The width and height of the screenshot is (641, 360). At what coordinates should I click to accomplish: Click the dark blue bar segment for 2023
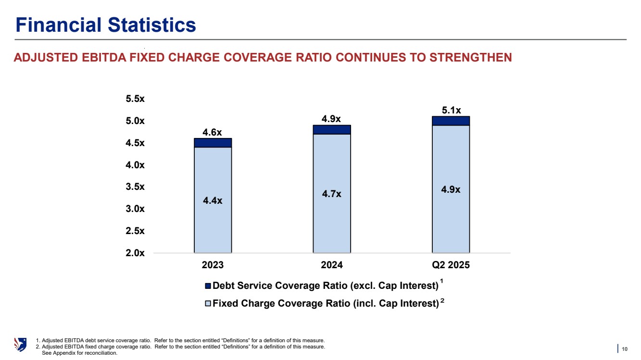coord(213,143)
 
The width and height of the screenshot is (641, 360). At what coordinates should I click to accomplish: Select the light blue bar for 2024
coord(332,216)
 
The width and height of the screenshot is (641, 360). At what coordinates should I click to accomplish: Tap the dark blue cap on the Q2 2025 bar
coord(451,121)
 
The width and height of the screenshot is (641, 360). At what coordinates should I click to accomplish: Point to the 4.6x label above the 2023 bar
coord(213,132)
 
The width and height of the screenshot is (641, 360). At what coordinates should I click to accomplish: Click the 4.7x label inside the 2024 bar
coord(332,194)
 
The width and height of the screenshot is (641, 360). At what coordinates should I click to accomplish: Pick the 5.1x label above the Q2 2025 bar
coord(451,110)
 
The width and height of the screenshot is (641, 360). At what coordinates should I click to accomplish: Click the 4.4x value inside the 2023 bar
coord(213,200)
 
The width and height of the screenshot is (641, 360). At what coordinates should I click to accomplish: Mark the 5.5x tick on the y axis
coord(135,99)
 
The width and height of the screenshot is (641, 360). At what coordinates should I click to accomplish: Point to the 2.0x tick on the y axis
coord(135,253)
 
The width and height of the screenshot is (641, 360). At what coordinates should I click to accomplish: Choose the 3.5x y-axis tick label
coord(135,187)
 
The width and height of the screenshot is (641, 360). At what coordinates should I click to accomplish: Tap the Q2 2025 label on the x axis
coord(451,265)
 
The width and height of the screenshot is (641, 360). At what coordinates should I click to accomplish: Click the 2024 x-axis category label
coord(332,265)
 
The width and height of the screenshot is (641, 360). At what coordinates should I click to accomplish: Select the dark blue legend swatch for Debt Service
coord(208,286)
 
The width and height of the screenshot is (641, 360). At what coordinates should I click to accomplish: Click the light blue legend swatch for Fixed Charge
coord(208,304)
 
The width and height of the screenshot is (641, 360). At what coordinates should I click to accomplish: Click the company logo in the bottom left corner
coord(21,345)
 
